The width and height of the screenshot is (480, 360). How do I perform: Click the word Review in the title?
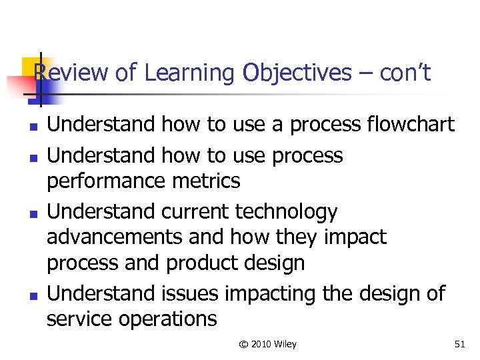pos(71,73)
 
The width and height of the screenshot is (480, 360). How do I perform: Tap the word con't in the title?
pos(405,73)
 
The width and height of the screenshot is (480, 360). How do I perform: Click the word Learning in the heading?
pos(189,73)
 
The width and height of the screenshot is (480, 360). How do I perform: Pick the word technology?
pos(286,212)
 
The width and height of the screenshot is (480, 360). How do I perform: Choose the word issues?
pos(191,293)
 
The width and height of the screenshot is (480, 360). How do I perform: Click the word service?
pos(79,319)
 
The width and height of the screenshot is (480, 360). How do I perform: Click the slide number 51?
pos(459,344)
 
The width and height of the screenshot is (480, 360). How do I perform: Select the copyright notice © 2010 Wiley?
pos(268,344)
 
